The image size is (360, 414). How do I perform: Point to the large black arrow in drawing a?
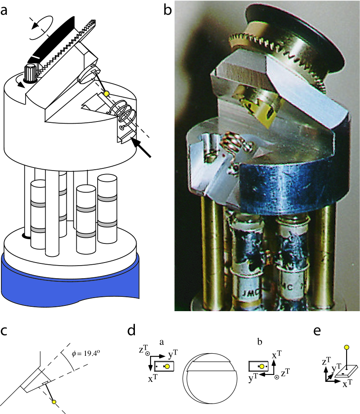click(142, 148)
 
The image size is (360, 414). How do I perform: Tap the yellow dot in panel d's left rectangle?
click(167, 367)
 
